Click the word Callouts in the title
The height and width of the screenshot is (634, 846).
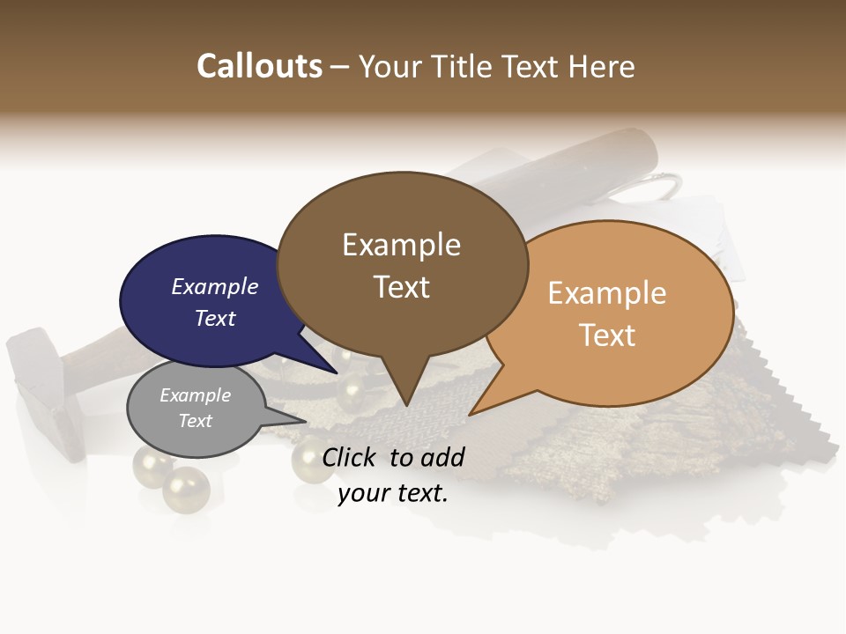(x=260, y=66)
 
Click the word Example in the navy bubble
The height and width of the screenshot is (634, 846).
(x=215, y=286)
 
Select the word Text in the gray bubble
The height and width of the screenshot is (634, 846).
(x=196, y=421)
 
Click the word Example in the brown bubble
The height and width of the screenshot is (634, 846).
(x=401, y=245)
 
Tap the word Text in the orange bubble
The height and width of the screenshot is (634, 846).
(x=607, y=335)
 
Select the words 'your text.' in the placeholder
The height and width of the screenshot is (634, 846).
(x=393, y=494)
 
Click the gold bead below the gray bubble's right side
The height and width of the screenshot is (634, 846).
(x=186, y=490)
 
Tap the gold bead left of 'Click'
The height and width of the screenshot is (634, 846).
(x=311, y=458)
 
